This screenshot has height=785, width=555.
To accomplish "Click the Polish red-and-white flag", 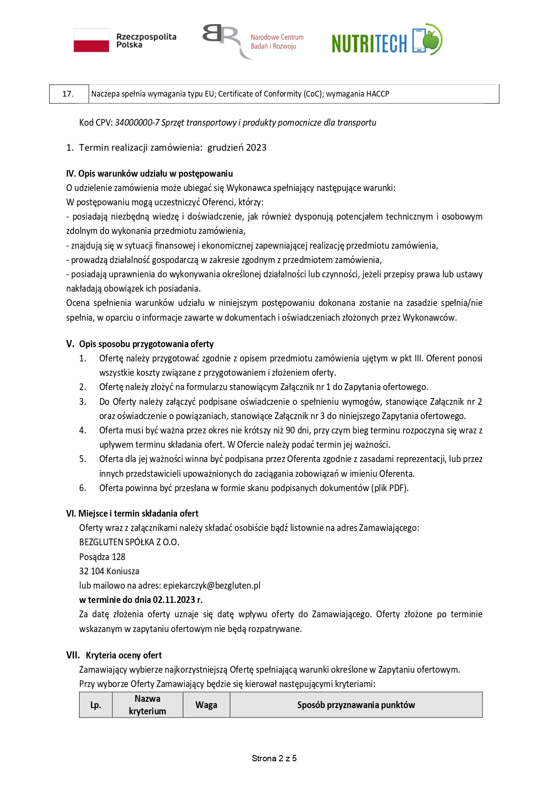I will coord(91,40).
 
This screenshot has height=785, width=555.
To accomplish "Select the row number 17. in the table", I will coord(68,94).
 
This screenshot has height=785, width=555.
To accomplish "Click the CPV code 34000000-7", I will coord(137,123).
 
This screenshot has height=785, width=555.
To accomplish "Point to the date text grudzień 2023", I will coord(237,148).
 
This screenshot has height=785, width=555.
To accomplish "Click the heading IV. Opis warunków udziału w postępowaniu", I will coord(149,174).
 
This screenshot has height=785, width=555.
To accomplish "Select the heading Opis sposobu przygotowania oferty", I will coord(146,344).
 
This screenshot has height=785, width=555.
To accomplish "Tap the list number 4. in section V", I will coord(83,430).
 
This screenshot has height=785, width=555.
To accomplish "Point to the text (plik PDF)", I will coord(390,488).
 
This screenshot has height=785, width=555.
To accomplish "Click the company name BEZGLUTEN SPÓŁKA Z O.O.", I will coord(129,542).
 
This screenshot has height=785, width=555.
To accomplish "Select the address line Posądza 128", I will coord(102,557).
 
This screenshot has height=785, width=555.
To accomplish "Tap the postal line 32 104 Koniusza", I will coord(109,571).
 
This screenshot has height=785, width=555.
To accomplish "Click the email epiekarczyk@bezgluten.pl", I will coord(212,586).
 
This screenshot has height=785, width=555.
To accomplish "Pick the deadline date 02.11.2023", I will coord(174,600).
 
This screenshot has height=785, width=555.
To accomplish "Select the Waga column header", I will coord(206,705).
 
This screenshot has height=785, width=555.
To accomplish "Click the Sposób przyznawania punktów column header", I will coord(356,705).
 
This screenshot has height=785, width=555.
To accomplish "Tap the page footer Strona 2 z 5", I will coord(274,758).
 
